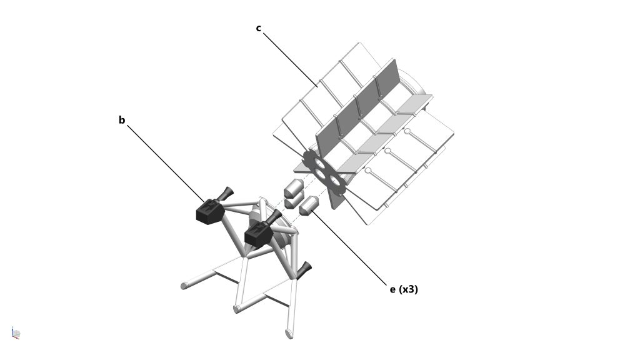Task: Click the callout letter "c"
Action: point(258,28)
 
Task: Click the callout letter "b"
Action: point(122,120)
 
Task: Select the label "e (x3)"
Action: point(404,289)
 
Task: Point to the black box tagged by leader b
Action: point(209,211)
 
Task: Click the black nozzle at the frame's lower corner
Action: point(304,270)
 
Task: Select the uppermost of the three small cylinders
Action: point(293,188)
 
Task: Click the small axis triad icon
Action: point(16,333)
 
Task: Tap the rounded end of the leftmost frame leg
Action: point(184,285)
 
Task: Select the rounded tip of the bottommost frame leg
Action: point(289,334)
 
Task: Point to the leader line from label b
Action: point(166,164)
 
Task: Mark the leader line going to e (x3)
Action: point(349,247)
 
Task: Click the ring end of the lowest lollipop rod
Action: point(368,171)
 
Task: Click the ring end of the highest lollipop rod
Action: point(407,131)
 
